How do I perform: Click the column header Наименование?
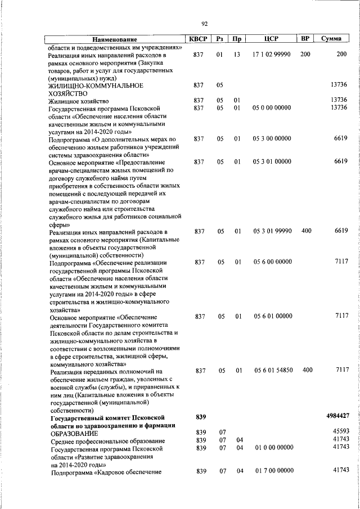click(115, 39)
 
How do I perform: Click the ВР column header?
click(305, 39)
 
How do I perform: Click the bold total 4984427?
click(338, 416)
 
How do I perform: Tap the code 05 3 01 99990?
click(272, 231)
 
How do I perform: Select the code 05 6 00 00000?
click(272, 262)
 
